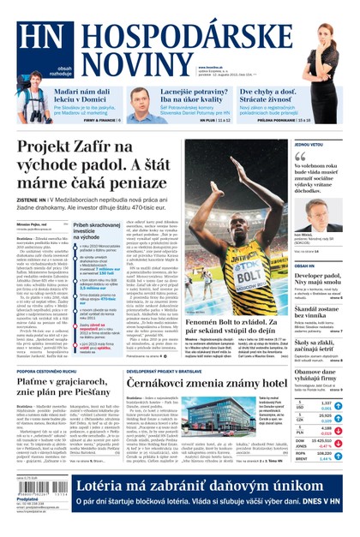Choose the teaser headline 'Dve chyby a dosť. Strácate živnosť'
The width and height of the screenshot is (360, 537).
tap(262, 98)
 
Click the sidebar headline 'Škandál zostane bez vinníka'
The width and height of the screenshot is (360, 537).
tap(316, 313)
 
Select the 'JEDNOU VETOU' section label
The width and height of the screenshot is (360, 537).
tap(309, 145)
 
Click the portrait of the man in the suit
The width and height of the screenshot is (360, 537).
tap(315, 218)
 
